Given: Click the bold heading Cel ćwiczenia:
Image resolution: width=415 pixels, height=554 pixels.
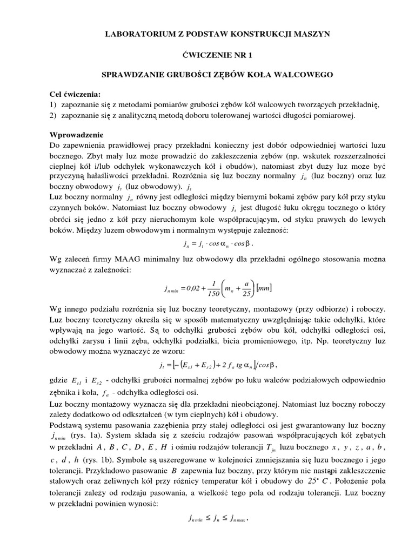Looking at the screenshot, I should (75, 95).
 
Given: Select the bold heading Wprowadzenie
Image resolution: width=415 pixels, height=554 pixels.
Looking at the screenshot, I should (76, 135).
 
